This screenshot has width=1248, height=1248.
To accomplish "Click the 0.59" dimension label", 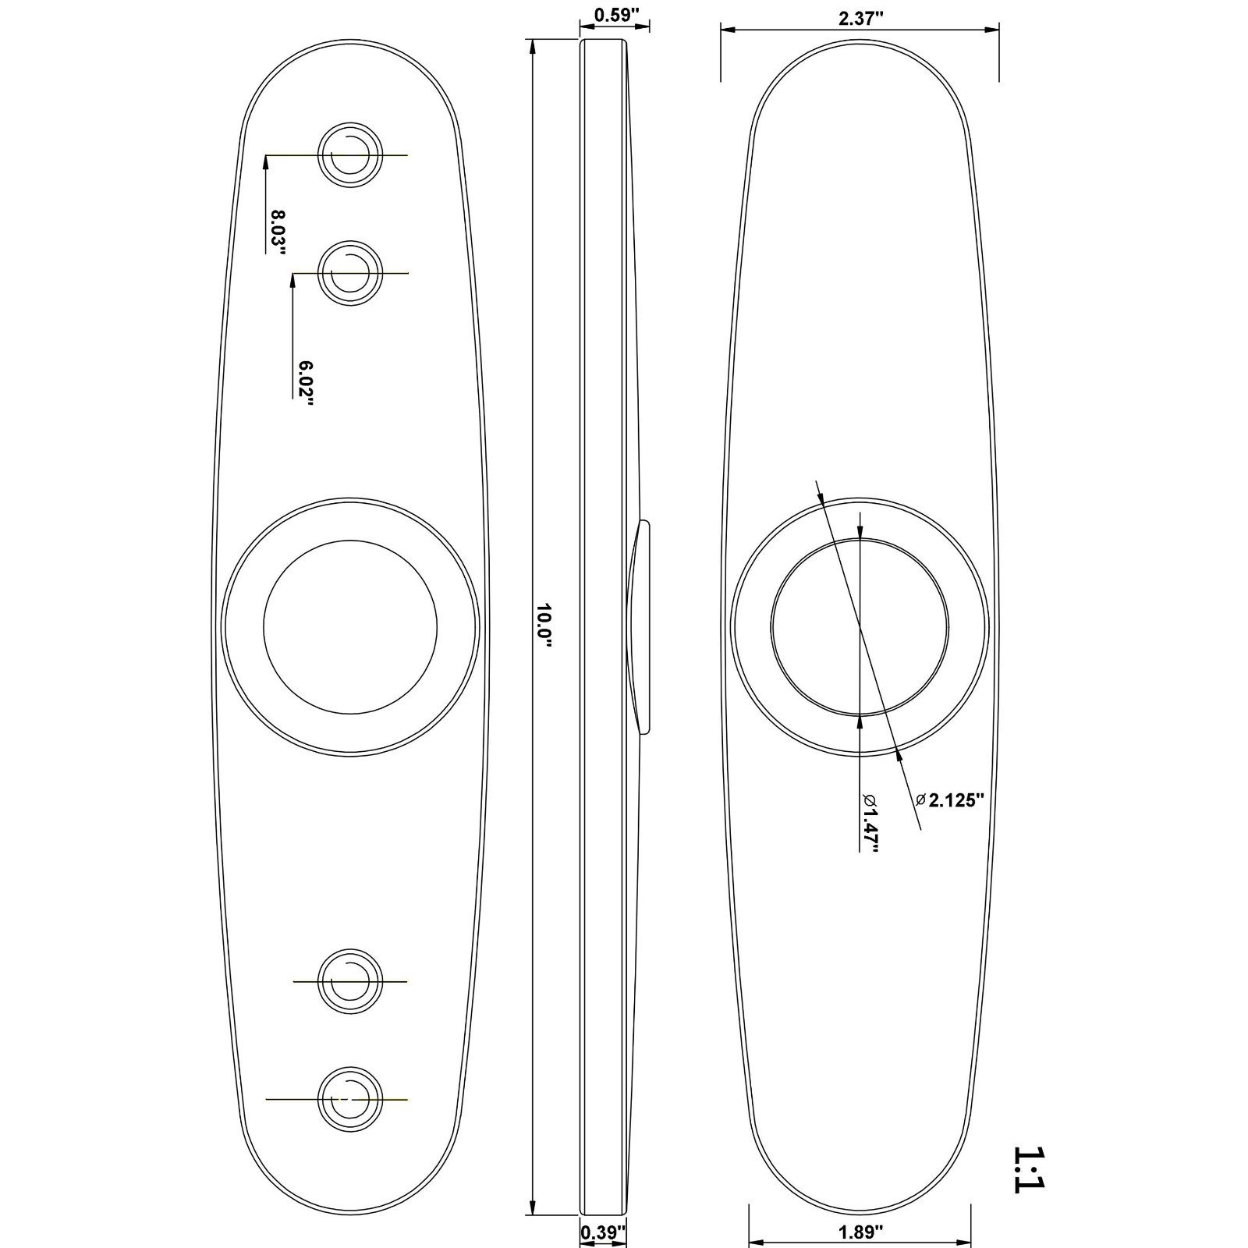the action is click(x=615, y=15).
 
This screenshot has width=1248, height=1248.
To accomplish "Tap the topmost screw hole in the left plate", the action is click(x=350, y=154).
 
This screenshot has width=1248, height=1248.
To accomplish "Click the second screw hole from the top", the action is click(x=350, y=273).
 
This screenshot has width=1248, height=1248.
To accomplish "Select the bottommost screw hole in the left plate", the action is click(x=350, y=1099).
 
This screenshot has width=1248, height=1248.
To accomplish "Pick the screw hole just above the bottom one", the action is click(x=350, y=980).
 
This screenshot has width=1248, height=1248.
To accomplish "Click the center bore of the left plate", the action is click(x=350, y=627).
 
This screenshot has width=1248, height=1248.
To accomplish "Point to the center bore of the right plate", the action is click(x=860, y=627).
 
